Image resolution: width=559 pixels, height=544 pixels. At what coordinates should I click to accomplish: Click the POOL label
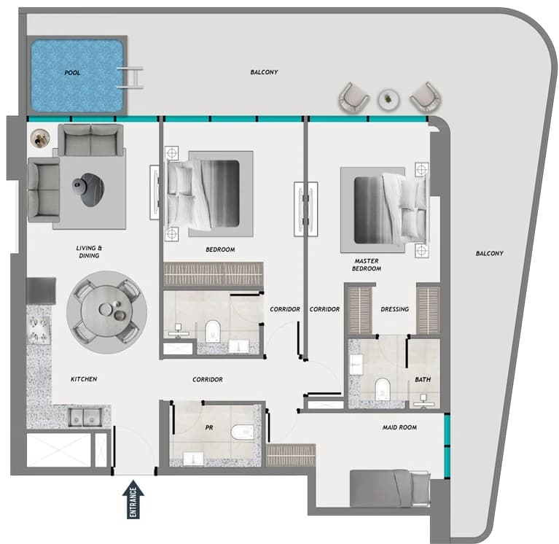(72, 73)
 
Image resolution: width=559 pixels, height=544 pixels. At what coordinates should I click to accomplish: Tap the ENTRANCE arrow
(133, 499)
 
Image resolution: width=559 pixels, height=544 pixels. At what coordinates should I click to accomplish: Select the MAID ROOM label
(399, 427)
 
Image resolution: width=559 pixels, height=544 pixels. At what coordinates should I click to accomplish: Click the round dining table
(107, 311)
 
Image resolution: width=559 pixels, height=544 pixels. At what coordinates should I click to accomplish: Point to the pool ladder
(131, 78)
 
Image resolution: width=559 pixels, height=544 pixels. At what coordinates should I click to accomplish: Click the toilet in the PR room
(242, 432)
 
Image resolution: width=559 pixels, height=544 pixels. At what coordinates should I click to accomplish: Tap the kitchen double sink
(85, 416)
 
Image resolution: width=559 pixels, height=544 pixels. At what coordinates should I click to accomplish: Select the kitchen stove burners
(39, 330)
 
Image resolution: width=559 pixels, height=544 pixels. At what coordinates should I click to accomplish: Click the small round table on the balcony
(388, 100)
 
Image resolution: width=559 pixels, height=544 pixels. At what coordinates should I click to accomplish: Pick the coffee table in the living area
(89, 190)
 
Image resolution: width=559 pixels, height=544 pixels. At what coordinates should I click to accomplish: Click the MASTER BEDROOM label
(367, 265)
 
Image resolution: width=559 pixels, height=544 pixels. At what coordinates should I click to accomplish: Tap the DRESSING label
(394, 309)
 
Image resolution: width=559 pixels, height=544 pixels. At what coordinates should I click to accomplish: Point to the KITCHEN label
(84, 379)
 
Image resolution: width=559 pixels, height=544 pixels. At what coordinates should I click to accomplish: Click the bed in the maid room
(390, 488)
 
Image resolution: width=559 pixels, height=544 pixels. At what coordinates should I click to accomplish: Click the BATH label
(423, 380)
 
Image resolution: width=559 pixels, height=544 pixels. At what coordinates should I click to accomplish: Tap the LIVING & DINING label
(89, 252)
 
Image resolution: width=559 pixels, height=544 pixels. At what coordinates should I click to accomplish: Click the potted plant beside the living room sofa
(40, 139)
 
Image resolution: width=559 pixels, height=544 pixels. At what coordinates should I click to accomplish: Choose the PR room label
(209, 427)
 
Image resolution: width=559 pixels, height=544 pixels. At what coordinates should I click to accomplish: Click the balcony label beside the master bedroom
(490, 254)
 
